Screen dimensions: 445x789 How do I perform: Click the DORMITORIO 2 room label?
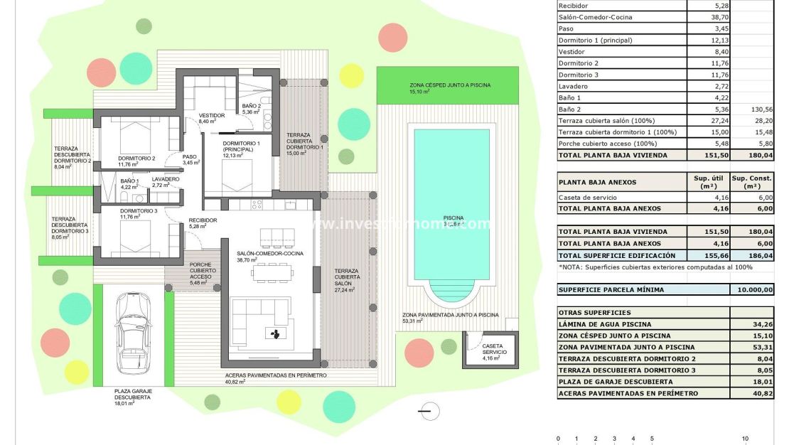point(136,159)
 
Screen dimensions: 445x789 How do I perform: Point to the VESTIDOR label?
point(212,115)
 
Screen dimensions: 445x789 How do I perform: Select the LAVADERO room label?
point(166,179)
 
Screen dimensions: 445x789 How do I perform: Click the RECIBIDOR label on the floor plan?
point(203,220)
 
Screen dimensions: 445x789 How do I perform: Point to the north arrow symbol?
point(426,410)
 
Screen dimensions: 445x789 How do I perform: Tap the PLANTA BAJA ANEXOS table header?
point(587,182)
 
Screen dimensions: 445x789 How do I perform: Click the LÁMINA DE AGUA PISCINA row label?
point(604,324)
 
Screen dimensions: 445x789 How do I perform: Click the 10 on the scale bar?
point(745,439)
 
